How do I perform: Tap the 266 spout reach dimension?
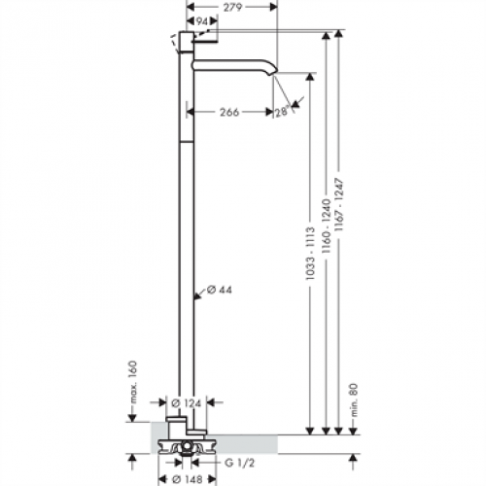[229, 113]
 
